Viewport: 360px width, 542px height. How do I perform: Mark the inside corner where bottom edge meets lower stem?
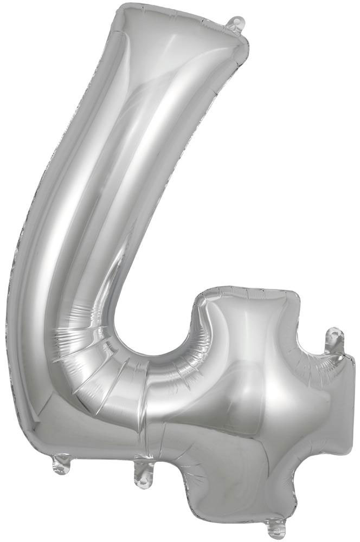click(x=187, y=464)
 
